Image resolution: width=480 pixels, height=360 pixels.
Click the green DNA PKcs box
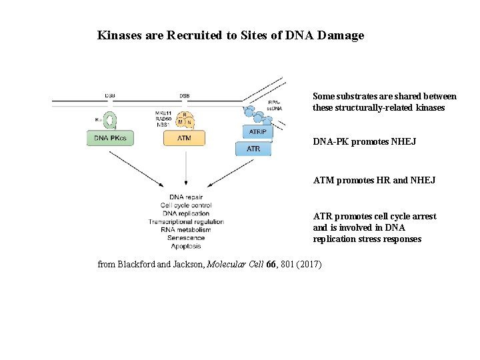click(x=111, y=138)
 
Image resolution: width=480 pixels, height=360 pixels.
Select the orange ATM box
click(x=185, y=138)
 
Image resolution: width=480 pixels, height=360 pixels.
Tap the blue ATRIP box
click(x=257, y=131)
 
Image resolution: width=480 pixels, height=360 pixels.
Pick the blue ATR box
click(x=253, y=149)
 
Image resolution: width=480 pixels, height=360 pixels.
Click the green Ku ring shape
click(x=109, y=119)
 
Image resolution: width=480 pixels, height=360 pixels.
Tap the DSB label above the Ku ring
click(x=109, y=96)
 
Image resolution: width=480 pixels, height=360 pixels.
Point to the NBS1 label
click(x=163, y=124)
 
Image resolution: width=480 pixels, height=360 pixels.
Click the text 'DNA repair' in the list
click(x=186, y=197)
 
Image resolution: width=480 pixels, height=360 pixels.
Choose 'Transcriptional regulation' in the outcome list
click(x=186, y=221)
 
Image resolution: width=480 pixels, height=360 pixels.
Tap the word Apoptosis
click(x=186, y=245)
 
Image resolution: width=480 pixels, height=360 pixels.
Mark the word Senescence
click(x=186, y=237)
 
